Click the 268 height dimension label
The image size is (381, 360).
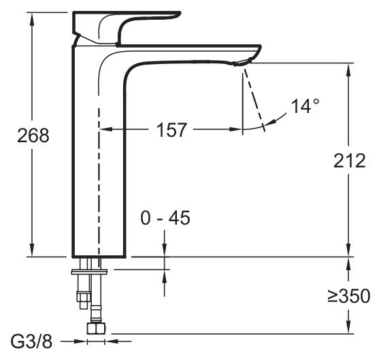tap(33, 136)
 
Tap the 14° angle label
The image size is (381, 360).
tap(305, 107)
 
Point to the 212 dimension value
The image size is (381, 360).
tap(350, 161)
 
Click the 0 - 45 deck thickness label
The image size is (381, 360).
tap(165, 218)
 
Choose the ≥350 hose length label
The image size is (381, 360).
tap(348, 297)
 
